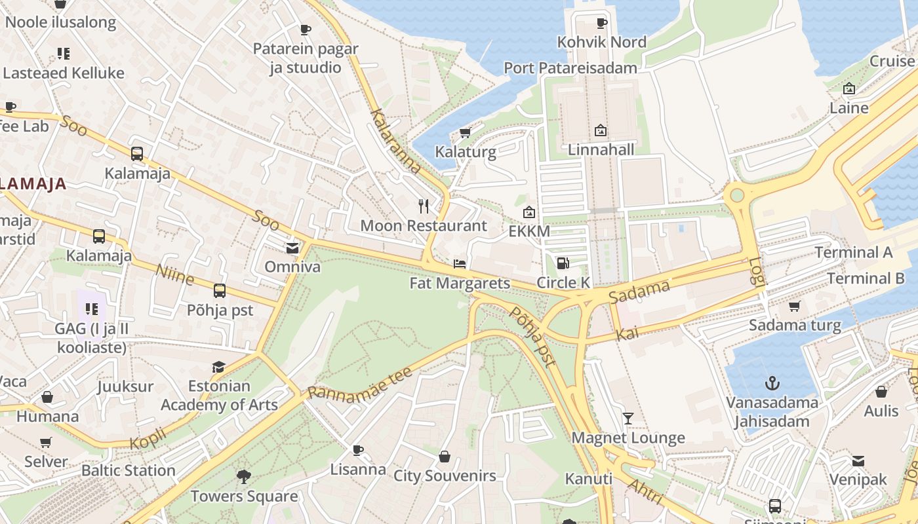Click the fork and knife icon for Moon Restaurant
pyautogui.click(x=424, y=206)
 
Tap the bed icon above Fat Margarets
pyautogui.click(x=460, y=264)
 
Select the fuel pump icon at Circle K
pyautogui.click(x=563, y=263)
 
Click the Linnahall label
pyautogui.click(x=601, y=150)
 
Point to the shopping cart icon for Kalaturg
pyautogui.click(x=465, y=133)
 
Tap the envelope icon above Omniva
pyautogui.click(x=292, y=248)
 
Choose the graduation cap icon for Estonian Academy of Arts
pyautogui.click(x=219, y=367)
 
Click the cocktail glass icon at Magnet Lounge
pyautogui.click(x=628, y=418)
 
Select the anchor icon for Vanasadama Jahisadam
pyautogui.click(x=772, y=383)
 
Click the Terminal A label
pyautogui.click(x=853, y=252)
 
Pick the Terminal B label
pyautogui.click(x=865, y=278)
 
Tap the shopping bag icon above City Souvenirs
pyautogui.click(x=445, y=457)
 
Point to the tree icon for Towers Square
pyautogui.click(x=244, y=476)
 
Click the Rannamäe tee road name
pyautogui.click(x=359, y=383)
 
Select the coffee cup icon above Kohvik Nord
pyautogui.click(x=601, y=24)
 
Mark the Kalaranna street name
pyautogui.click(x=395, y=142)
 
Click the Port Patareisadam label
pyautogui.click(x=570, y=68)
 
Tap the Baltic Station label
pyautogui.click(x=129, y=470)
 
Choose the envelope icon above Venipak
pyautogui.click(x=858, y=461)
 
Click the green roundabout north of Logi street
pyautogui.click(x=737, y=195)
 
